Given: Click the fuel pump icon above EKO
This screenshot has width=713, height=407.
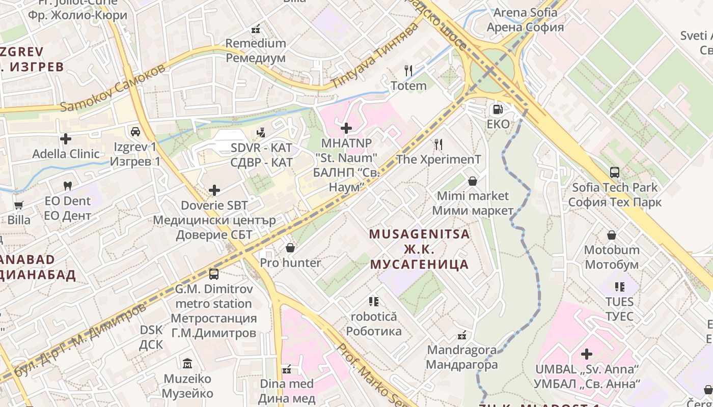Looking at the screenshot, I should tap(498, 109).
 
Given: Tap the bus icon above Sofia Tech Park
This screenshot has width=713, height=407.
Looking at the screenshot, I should tap(615, 172).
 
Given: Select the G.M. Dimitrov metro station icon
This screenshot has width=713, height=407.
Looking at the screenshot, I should tap(213, 274).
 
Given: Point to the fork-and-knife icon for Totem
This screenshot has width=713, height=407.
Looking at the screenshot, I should tap(408, 71).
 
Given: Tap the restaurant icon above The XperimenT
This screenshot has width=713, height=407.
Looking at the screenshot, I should tap(438, 144).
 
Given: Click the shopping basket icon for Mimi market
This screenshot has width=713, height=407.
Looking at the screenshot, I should tap(473, 181).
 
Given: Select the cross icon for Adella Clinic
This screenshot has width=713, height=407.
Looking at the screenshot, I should tap(66, 138).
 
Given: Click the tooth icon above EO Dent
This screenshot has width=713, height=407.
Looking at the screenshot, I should tap(67, 186).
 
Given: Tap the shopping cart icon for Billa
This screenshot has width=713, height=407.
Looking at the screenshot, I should tap(19, 206).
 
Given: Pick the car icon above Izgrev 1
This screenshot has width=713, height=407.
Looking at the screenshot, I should tap(135, 132).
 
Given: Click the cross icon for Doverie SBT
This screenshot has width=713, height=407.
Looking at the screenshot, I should tap(214, 191).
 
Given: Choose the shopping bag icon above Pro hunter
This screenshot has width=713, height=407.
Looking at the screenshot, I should tap(290, 248).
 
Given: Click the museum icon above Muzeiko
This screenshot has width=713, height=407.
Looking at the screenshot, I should tap(187, 364).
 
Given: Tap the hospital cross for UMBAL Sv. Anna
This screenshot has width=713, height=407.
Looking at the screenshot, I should tap(587, 354).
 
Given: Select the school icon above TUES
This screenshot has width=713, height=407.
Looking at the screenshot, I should tap(619, 287).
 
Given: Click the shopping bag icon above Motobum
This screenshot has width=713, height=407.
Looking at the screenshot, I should tap(611, 235).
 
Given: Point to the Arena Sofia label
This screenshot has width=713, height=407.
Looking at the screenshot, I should tap(525, 20).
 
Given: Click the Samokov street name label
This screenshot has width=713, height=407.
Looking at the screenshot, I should tap(113, 88).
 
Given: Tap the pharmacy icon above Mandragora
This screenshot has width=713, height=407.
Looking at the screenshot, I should tap(462, 335).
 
